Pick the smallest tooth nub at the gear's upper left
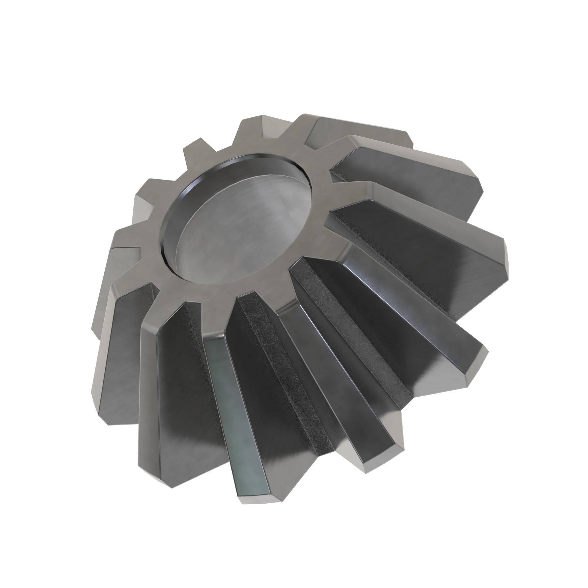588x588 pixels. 195,149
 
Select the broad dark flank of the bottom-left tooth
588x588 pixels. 189,396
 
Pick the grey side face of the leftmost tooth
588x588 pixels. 116,350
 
